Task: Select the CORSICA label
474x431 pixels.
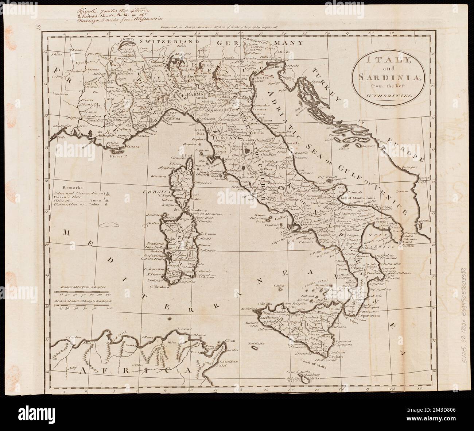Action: tap(153, 191)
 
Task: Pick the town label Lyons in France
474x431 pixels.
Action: tap(80, 62)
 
